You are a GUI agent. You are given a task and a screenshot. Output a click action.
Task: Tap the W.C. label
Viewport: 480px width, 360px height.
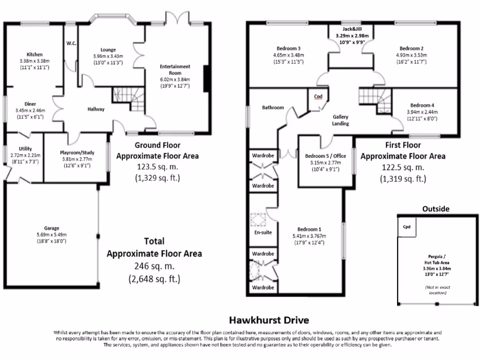[x=71, y=44]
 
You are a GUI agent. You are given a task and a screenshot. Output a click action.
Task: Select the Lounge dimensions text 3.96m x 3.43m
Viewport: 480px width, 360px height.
[x=108, y=56]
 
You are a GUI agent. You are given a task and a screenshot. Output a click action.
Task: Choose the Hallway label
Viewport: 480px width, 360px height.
[x=96, y=109]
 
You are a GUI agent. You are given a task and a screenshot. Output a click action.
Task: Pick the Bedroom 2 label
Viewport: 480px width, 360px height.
[x=412, y=48]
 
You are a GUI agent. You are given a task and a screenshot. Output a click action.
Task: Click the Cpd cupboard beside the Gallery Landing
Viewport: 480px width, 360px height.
[x=318, y=97]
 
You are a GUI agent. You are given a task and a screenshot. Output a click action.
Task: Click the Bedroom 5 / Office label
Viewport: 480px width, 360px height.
[x=326, y=156]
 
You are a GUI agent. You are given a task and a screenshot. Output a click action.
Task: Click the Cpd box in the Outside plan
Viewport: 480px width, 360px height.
[x=406, y=227]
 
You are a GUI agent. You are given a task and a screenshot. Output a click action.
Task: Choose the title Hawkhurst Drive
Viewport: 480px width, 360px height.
[x=269, y=321]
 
